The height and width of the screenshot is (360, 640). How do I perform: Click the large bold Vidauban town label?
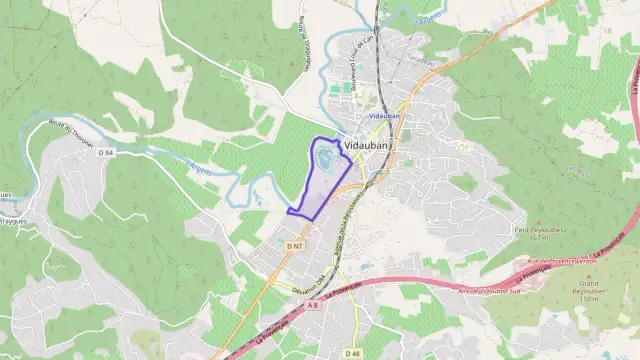coord(368,146)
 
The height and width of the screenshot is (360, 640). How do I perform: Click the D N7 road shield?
coord(294,245)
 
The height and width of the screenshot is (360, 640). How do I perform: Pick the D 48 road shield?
coord(352,353)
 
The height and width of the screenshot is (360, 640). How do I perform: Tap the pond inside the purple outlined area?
coord(327,158)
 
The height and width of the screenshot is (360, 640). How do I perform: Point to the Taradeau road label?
coord(422,61)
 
